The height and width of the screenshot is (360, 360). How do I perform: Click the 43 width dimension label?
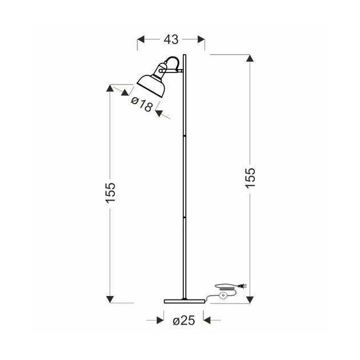[171, 39]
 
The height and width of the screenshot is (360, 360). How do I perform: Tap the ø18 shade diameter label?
[142, 104]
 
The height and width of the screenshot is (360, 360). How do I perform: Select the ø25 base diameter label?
[183, 321]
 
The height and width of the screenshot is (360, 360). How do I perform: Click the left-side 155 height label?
[110, 193]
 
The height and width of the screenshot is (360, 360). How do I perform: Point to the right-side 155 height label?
[250, 178]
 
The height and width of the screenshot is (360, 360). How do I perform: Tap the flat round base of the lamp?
[185, 301]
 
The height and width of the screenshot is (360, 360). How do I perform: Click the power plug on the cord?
[243, 286]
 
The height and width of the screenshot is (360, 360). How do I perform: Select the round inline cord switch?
[223, 295]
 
